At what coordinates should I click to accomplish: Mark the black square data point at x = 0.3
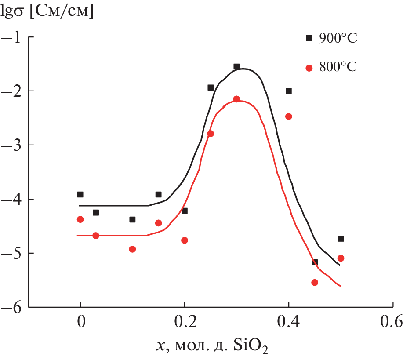[236, 67]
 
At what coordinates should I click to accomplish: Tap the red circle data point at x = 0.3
[236, 99]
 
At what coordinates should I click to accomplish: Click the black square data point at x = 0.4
[288, 91]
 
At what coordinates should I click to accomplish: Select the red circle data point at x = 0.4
[288, 116]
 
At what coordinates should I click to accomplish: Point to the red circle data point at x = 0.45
[315, 283]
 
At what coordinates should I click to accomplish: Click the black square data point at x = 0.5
[341, 239]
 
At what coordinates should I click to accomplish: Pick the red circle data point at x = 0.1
[132, 249]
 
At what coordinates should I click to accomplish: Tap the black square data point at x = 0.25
[211, 87]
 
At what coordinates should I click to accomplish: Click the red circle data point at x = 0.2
[185, 240]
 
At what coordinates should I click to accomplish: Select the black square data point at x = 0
[80, 194]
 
